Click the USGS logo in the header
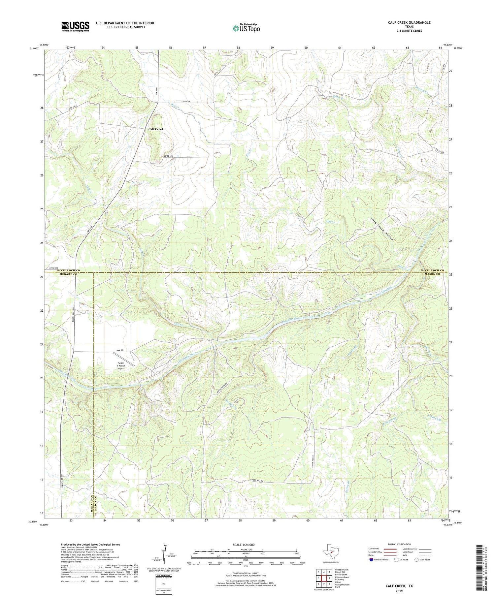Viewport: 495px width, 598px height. coord(75,26)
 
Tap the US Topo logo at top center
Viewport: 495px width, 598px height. coord(246,28)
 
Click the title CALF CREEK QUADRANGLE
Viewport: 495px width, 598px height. coord(409,22)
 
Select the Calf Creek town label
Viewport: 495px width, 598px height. coord(156,129)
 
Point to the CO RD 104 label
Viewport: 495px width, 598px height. coord(168,156)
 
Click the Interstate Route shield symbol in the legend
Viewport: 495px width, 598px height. coord(371,560)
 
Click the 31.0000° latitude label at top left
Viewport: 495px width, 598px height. coord(34,48)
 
